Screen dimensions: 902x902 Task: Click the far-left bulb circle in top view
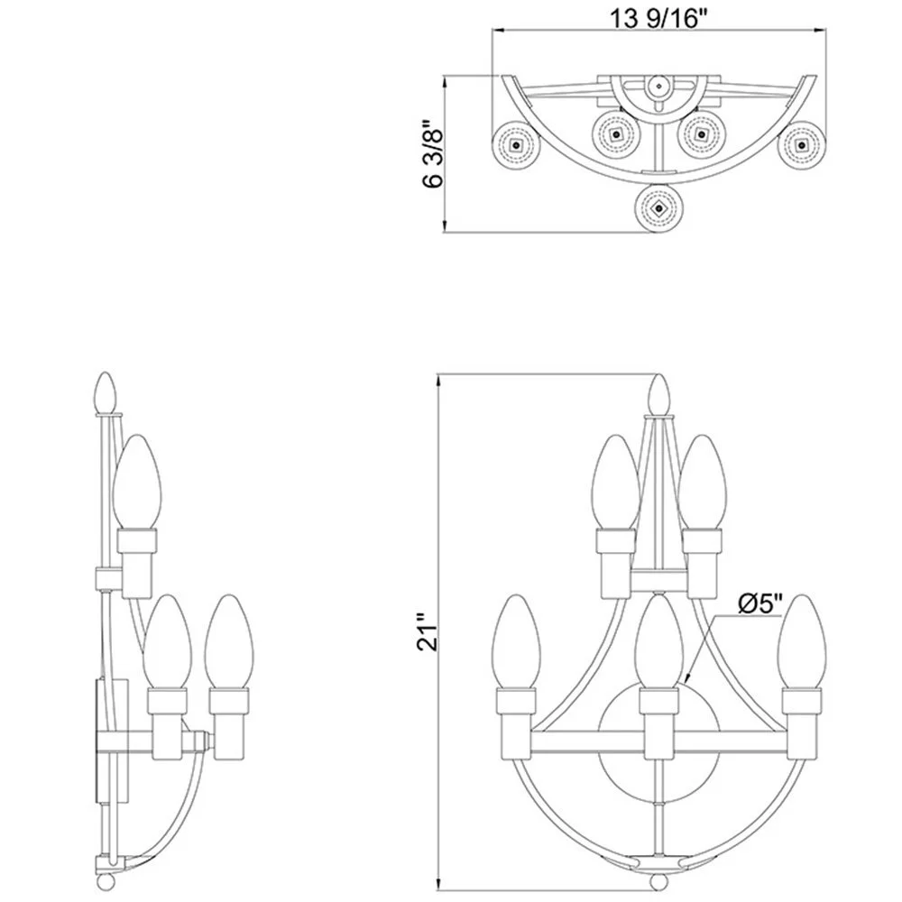pos(515,144)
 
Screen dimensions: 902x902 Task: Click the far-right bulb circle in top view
pos(801,144)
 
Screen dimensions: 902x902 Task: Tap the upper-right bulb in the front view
pos(701,478)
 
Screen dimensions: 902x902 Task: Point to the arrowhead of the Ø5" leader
pos(686,678)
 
